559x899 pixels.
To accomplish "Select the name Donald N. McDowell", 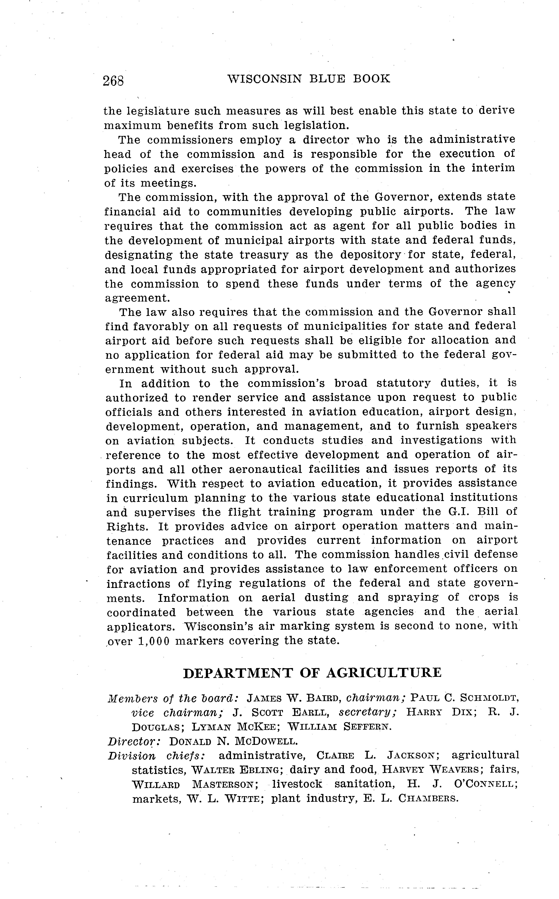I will [x=233, y=741].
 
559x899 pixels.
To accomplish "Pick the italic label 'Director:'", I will [x=134, y=741].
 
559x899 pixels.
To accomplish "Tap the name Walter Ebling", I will [x=237, y=770].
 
